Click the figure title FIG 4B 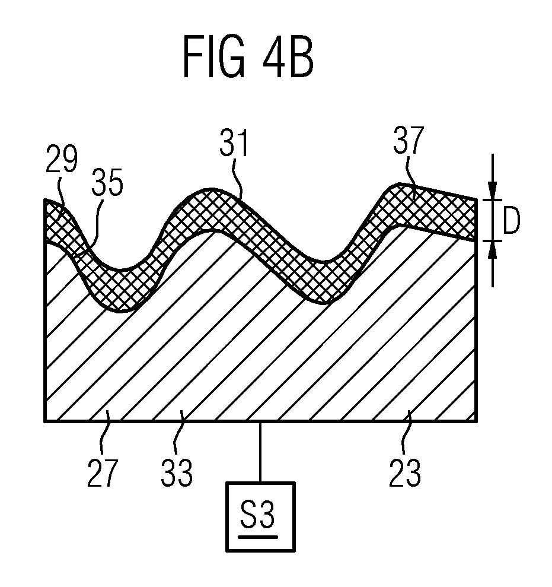point(248,56)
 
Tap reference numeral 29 point(61,158)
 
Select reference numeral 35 point(107,182)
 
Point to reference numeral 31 point(234,142)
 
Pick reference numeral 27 point(103,473)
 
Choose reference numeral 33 point(177,473)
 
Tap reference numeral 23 point(405,473)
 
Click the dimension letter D point(511,220)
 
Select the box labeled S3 point(260,516)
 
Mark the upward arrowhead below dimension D point(493,250)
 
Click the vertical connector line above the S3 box point(260,452)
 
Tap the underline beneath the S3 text point(258,537)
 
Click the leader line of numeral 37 point(411,175)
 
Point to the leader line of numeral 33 point(179,433)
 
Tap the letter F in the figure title point(193,56)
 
